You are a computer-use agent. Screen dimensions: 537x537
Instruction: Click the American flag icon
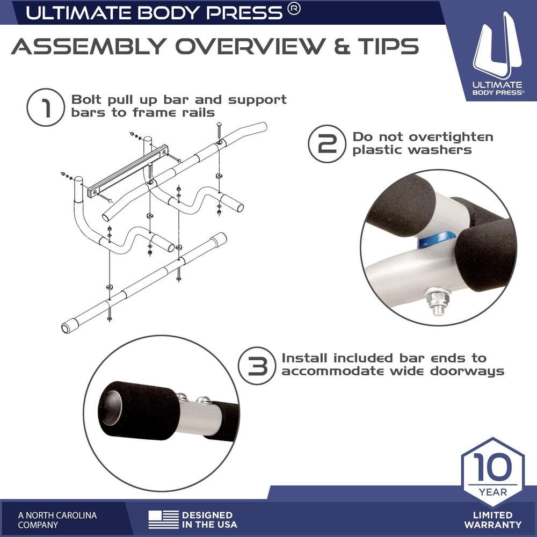[163, 519]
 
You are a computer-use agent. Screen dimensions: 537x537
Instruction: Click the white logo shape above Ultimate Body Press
[497, 46]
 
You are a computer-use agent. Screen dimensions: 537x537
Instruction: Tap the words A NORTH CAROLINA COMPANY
[57, 520]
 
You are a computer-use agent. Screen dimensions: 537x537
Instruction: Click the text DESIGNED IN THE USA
[207, 520]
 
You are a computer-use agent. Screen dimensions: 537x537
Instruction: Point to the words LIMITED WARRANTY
[492, 520]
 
